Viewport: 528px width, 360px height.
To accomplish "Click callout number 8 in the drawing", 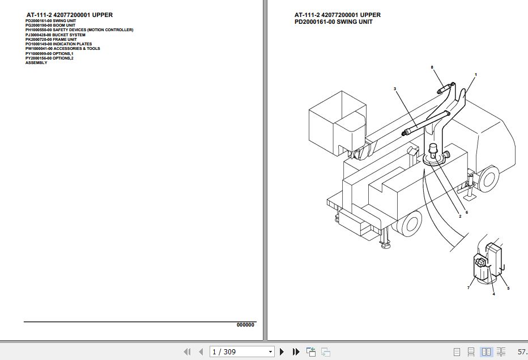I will click(x=432, y=67).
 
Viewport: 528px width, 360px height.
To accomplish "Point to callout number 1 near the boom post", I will click(x=476, y=75).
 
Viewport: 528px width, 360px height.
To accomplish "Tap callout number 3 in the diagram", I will click(x=395, y=88).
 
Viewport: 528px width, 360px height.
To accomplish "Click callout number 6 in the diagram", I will click(x=467, y=213).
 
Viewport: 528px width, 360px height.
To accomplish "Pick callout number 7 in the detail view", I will click(x=469, y=288).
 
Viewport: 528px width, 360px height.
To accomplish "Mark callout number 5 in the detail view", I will click(x=508, y=289).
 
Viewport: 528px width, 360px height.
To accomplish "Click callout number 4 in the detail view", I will click(x=493, y=294).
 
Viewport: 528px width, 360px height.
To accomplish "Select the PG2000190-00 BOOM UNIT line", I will click(x=50, y=25).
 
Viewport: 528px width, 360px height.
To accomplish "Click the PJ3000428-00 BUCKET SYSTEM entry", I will click(x=56, y=35).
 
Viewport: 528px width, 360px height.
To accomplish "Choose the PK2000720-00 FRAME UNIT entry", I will click(x=51, y=39).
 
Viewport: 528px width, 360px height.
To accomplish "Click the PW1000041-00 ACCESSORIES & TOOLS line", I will click(x=62, y=49).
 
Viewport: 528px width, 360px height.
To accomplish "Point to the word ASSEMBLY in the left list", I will click(x=36, y=62).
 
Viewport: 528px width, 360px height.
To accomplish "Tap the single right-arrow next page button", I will click(x=282, y=352).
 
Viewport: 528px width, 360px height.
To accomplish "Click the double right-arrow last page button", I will click(x=296, y=352).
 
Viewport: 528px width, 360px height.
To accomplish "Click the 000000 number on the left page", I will click(x=245, y=325).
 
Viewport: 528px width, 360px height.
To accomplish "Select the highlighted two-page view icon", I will click(x=486, y=352).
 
